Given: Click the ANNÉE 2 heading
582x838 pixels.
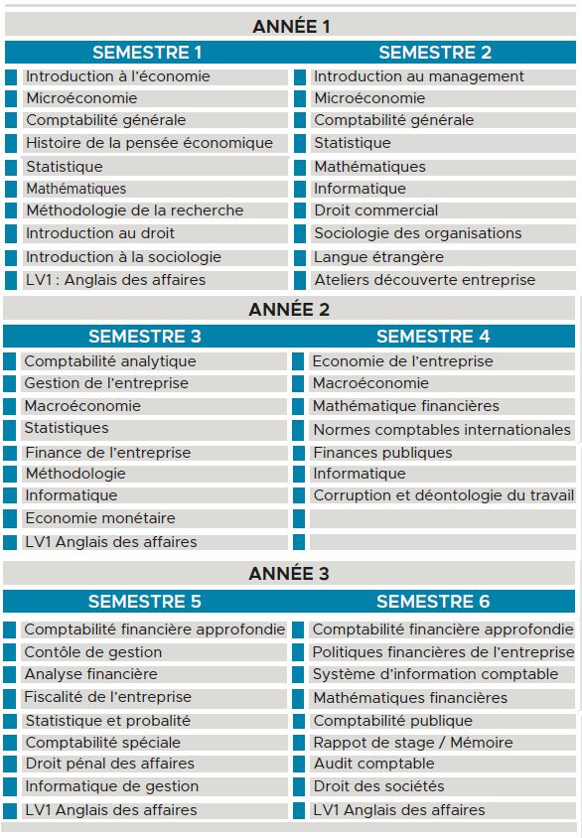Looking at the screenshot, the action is [x=289, y=309].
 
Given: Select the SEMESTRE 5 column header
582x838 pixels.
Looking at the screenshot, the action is [x=145, y=601].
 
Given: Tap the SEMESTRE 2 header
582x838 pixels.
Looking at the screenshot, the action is [x=435, y=53].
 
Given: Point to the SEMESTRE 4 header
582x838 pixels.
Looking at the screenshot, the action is [x=433, y=337].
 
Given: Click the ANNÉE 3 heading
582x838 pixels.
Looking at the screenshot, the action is [x=289, y=574].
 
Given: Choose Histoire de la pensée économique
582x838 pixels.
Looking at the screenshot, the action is [x=149, y=143].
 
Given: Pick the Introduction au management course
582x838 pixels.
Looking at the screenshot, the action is [x=419, y=76].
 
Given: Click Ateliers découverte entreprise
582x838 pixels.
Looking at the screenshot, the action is [x=424, y=280].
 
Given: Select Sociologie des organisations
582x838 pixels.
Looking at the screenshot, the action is [x=417, y=233].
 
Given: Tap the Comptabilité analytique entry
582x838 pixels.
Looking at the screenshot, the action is [x=110, y=361].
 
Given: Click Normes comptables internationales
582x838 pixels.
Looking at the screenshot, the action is [x=442, y=430].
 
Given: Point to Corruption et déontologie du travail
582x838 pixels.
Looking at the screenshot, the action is [x=443, y=495].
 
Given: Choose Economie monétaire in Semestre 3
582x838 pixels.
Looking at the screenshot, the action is [x=99, y=518].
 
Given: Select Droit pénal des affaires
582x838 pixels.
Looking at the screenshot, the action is [x=109, y=764].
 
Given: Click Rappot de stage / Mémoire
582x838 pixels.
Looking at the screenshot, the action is [x=412, y=743].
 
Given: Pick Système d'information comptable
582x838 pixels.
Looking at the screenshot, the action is [x=435, y=674].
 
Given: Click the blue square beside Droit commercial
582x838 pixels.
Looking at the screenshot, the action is [x=299, y=210].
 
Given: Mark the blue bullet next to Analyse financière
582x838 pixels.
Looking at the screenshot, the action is [x=10, y=674].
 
